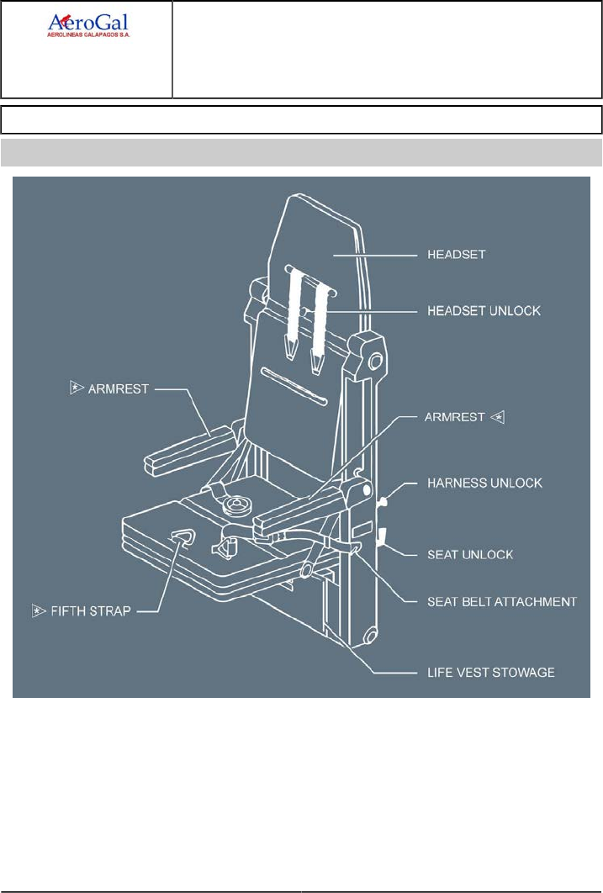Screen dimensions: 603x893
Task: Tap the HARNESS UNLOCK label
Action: click(485, 483)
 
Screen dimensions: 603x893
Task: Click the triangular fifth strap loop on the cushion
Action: click(183, 538)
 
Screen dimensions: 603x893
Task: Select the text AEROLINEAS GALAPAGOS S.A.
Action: click(87, 36)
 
